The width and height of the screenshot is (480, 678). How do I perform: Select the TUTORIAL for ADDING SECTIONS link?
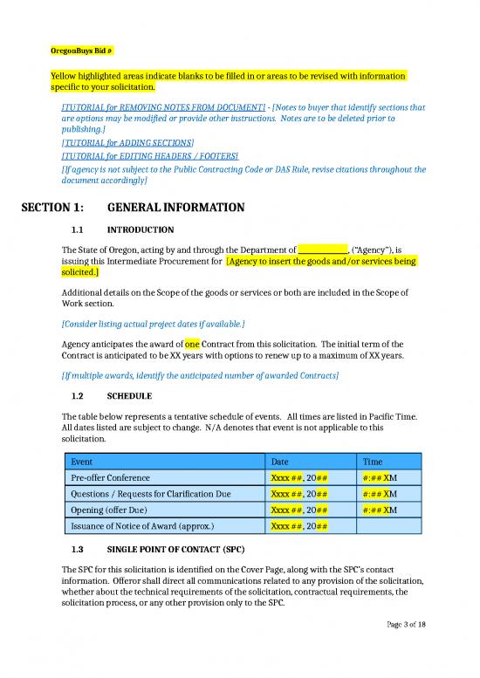click(127, 141)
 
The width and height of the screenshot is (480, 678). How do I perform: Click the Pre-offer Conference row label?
click(109, 477)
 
